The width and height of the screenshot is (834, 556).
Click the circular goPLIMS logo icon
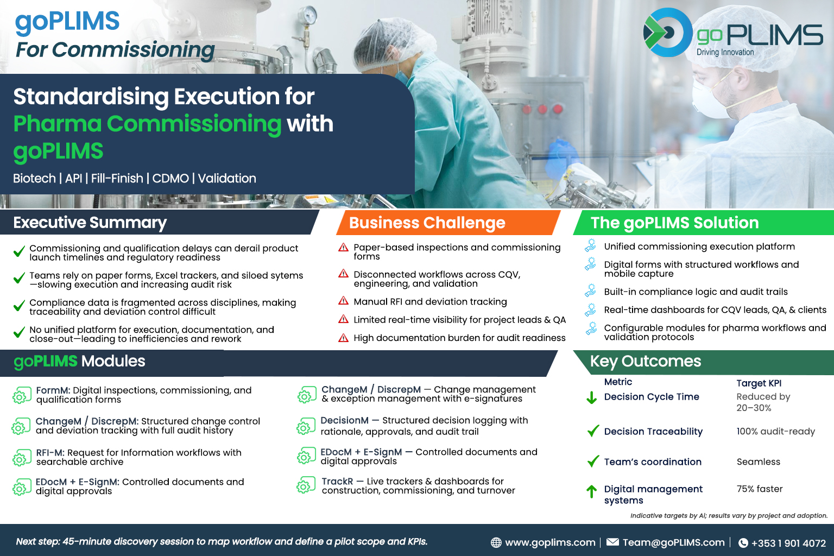pos(667,33)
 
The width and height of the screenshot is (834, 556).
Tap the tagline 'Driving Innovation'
pos(725,52)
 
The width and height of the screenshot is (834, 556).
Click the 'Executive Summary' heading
pos(90,223)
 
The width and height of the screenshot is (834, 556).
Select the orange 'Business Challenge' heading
pos(427,223)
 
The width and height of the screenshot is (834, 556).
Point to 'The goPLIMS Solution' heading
pos(675,223)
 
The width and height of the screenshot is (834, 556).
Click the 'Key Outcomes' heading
pos(646,362)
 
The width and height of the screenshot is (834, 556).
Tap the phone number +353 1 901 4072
pos(788,543)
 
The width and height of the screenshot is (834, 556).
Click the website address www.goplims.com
pos(550,542)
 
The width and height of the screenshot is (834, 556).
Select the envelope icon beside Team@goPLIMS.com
pos(612,542)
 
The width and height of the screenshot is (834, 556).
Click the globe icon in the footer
pos(496,542)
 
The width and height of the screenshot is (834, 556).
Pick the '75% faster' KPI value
pos(760,489)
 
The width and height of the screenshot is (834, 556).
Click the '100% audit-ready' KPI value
pos(775,431)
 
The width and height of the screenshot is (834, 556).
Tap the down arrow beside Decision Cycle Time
pos(592,398)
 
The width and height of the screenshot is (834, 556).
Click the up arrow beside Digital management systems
pos(592,491)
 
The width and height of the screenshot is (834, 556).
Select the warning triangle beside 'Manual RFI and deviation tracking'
pos(343,300)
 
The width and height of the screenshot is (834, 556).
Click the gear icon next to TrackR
pos(306,485)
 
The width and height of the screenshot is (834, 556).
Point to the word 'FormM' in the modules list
pos(53,390)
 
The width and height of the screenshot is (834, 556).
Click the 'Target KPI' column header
pos(759,383)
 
